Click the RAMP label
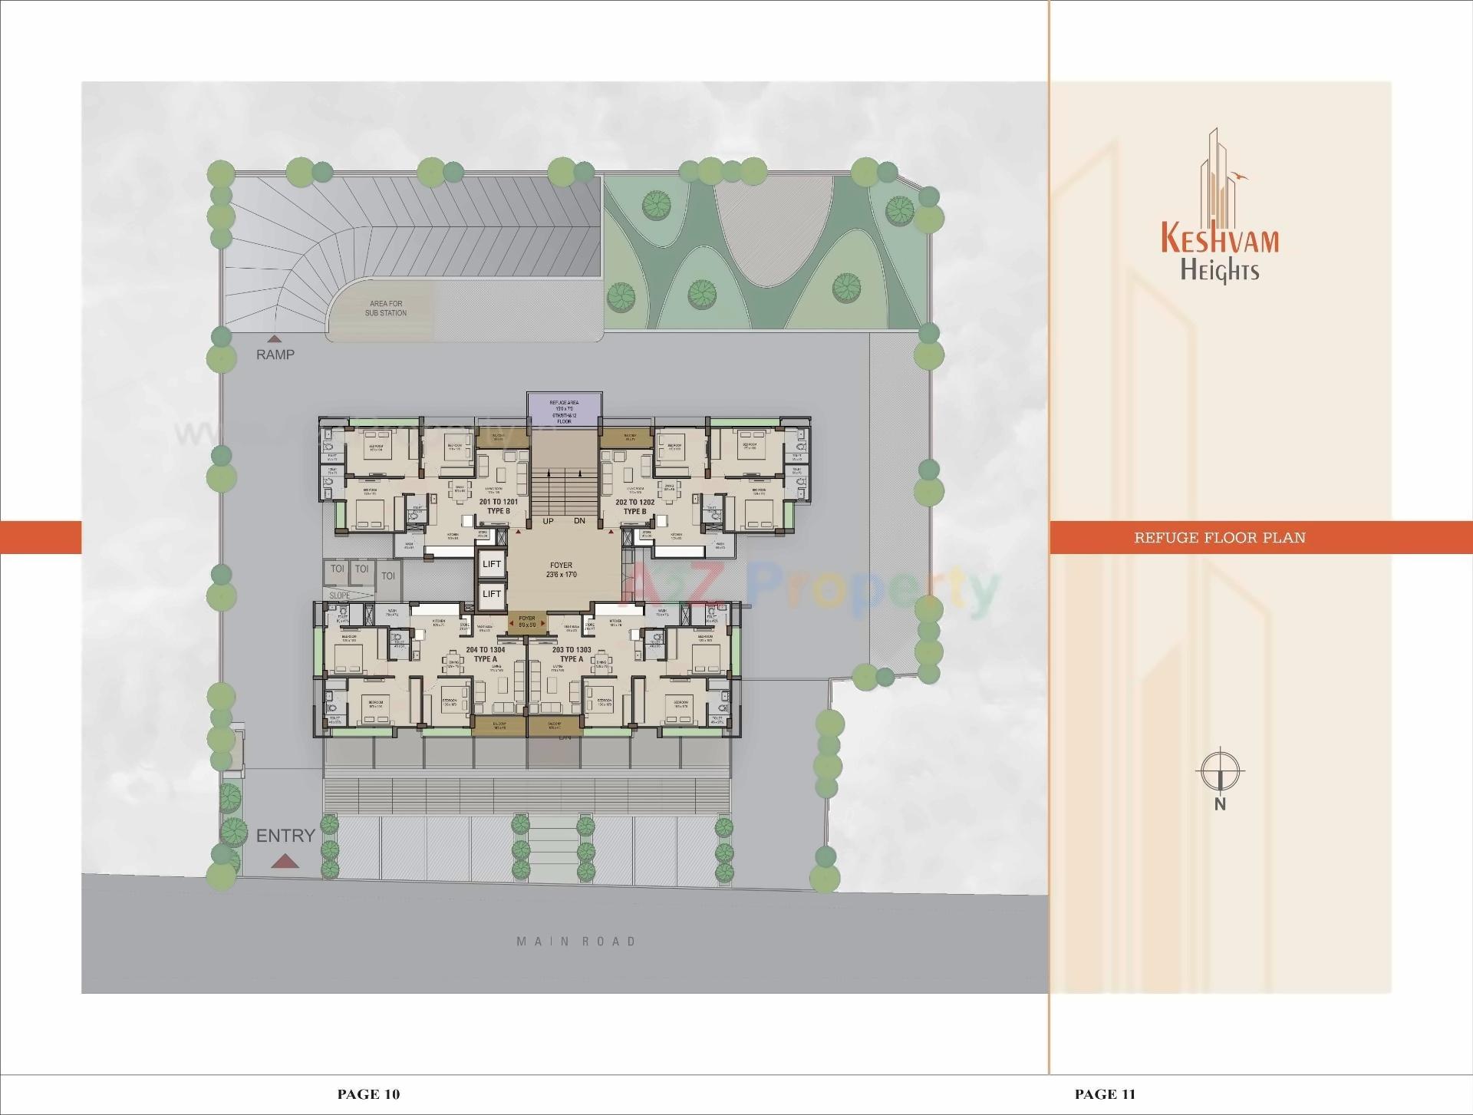click(275, 355)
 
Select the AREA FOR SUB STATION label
click(386, 308)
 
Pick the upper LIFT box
click(492, 564)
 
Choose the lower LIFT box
click(492, 594)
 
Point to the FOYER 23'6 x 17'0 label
click(562, 570)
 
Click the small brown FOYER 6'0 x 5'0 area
click(527, 621)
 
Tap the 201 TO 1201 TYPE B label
click(498, 506)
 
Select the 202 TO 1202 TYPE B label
click(634, 506)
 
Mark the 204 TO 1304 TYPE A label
click(485, 654)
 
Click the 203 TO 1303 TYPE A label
click(572, 654)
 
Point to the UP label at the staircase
click(548, 521)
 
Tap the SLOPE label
click(340, 595)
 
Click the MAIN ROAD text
click(576, 942)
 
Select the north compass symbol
click(1220, 770)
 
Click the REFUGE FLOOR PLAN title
click(1220, 537)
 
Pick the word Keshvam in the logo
click(1220, 238)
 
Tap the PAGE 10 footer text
click(369, 1094)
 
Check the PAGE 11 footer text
click(1105, 1094)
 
